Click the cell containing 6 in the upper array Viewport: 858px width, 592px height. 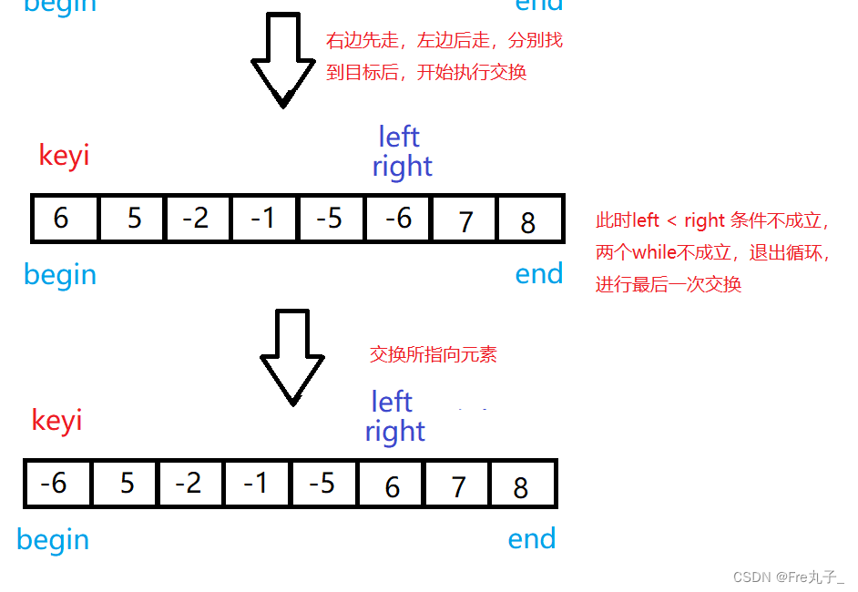[x=64, y=219]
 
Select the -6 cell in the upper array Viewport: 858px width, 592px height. [x=398, y=219]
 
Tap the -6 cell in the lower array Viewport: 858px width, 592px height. [x=56, y=484]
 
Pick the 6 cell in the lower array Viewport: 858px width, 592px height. [x=392, y=484]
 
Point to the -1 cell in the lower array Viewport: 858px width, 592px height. [x=258, y=484]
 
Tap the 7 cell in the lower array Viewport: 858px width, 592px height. [x=458, y=484]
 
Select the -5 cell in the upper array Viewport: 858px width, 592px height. [x=332, y=219]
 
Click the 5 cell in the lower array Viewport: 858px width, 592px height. [x=126, y=484]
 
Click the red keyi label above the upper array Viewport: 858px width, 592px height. [x=64, y=156]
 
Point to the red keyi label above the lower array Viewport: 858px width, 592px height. [x=56, y=420]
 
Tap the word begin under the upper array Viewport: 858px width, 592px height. [x=60, y=274]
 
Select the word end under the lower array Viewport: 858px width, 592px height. [x=532, y=539]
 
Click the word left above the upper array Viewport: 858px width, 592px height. [x=399, y=137]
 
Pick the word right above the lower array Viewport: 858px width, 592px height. [x=395, y=431]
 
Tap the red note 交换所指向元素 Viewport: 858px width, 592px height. [x=434, y=354]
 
